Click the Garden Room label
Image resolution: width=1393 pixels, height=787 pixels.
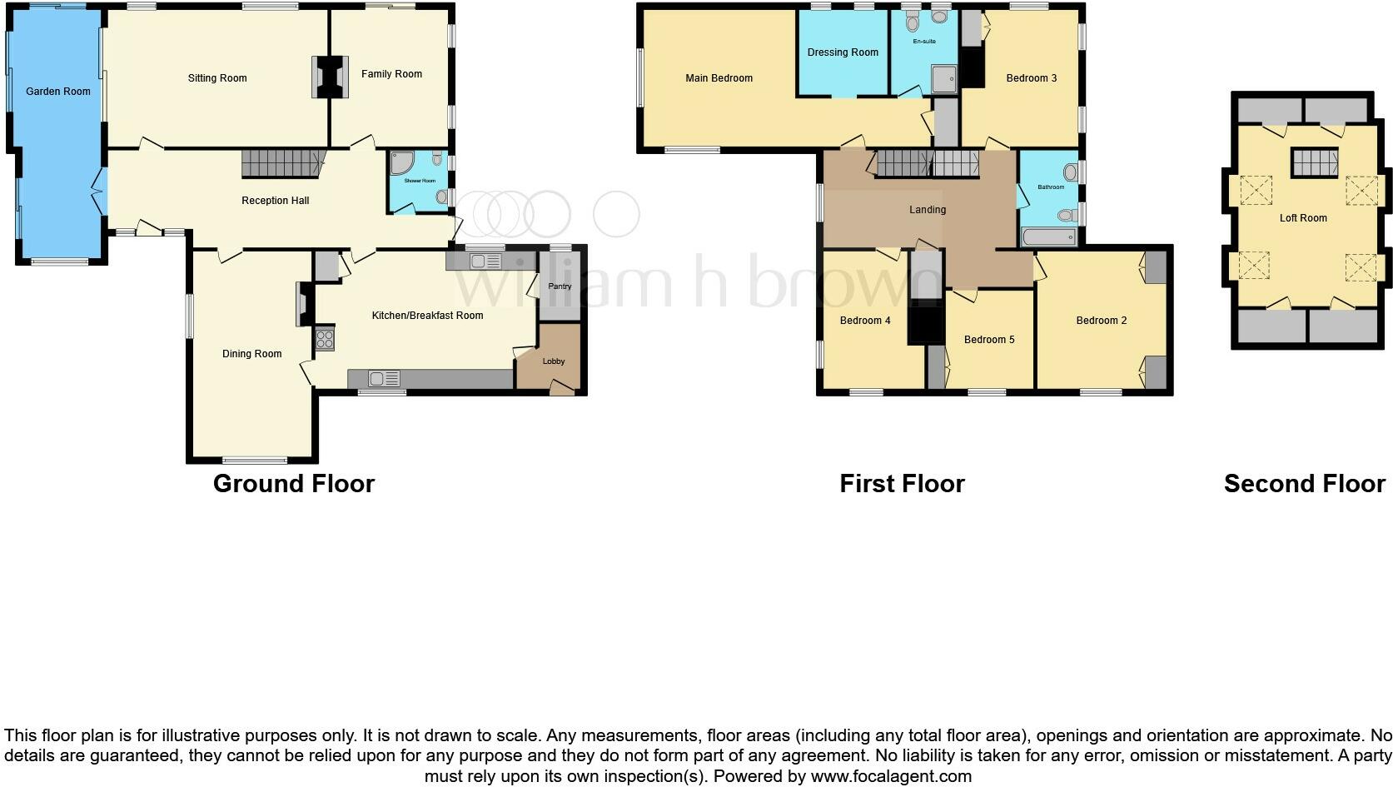pos(57,92)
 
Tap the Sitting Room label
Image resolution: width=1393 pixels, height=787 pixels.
pos(217,78)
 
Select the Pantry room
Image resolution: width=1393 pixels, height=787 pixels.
pos(560,286)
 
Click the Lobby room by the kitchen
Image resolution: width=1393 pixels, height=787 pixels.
pos(554,361)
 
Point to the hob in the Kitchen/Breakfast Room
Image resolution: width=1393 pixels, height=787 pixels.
pos(325,339)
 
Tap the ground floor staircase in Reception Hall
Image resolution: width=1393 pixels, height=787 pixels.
pos(281,163)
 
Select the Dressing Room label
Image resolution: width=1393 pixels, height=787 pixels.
pos(843,52)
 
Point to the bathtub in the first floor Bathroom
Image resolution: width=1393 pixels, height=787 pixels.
pos(1049,237)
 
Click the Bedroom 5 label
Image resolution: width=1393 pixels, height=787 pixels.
pos(989,340)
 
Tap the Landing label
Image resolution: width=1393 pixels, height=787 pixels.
pos(927,210)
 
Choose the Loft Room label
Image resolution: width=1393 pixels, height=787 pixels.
pos(1303,218)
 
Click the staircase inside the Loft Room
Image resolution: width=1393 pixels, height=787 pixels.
pos(1315,162)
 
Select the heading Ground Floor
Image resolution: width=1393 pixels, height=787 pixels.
pos(294,484)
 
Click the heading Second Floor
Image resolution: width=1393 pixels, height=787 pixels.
pos(1304,484)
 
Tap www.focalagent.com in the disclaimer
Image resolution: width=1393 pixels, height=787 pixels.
pos(891,776)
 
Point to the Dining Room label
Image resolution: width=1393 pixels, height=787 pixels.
pos(251,354)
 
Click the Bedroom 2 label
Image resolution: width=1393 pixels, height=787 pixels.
pos(1101,321)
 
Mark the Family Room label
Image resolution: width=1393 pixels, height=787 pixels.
pos(391,74)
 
